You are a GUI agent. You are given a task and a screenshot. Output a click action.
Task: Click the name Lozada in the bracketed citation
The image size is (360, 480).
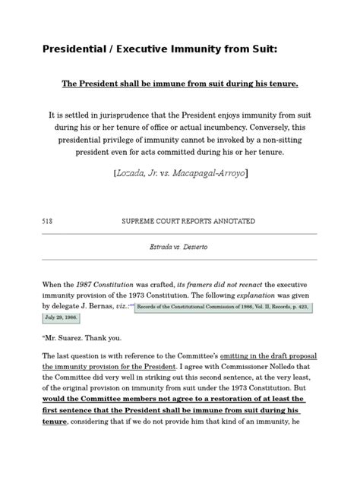(x=137, y=172)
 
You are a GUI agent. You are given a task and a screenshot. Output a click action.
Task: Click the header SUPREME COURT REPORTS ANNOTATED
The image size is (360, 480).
(x=188, y=221)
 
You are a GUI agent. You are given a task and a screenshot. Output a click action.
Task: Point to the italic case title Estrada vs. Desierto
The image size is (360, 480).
(x=179, y=248)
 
